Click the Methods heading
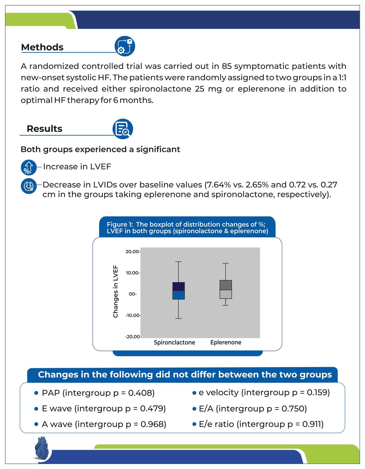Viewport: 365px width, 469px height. click(x=42, y=47)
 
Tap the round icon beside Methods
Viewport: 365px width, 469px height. click(x=125, y=46)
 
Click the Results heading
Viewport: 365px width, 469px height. click(x=44, y=129)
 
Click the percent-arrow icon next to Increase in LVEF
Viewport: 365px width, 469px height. click(x=29, y=167)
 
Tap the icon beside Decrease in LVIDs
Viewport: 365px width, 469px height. click(x=29, y=186)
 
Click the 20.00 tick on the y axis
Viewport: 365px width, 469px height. click(x=132, y=252)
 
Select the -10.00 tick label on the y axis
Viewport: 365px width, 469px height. click(x=133, y=315)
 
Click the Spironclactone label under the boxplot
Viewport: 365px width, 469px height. click(x=174, y=342)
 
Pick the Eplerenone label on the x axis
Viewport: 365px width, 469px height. click(x=226, y=342)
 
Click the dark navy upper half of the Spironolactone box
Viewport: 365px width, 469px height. click(x=178, y=286)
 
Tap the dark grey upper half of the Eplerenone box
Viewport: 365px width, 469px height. click(x=226, y=285)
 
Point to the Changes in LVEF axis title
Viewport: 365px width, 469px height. click(x=116, y=291)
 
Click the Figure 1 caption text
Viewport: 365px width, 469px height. click(x=187, y=228)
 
